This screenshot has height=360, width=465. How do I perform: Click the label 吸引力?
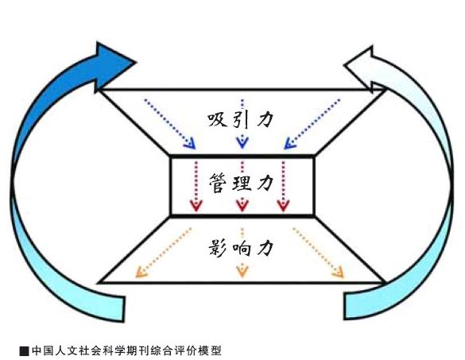(x=239, y=120)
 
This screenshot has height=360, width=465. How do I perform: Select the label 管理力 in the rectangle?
(x=241, y=183)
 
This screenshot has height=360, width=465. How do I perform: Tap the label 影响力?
(x=240, y=248)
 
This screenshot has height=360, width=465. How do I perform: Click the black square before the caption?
(x=24, y=350)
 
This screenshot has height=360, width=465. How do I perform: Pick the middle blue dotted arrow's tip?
(x=242, y=147)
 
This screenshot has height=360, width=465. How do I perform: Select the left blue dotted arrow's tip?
(x=195, y=148)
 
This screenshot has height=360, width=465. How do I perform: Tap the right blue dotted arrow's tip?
(x=285, y=148)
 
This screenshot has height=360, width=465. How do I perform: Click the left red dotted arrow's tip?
(x=196, y=211)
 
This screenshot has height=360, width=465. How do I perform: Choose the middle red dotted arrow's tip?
(x=242, y=211)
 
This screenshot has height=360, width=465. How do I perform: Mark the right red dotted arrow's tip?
(x=283, y=211)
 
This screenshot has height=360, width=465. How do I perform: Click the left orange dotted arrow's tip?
(x=136, y=277)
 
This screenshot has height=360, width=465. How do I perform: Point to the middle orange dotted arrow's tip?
(x=242, y=277)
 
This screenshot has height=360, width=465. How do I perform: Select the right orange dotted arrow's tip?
(x=343, y=277)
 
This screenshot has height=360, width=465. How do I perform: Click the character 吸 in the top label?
(x=217, y=120)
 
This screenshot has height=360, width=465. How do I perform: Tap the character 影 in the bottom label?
(x=218, y=248)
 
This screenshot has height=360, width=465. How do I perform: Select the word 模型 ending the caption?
(x=211, y=350)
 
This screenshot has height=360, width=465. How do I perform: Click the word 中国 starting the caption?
(x=41, y=350)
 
